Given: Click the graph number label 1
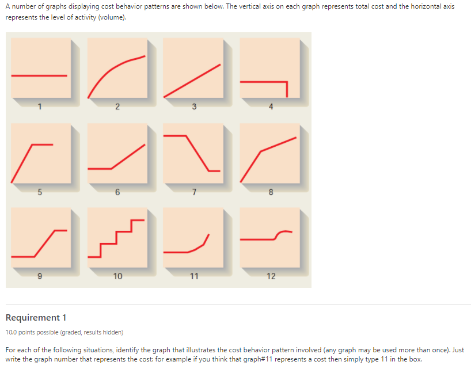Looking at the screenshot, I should [40, 106].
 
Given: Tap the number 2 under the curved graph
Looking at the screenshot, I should [117, 106].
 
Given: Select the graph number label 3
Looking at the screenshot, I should [194, 106].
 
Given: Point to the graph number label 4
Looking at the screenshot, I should [271, 106].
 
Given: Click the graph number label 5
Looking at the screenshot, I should [40, 192].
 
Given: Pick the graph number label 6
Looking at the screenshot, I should [117, 192].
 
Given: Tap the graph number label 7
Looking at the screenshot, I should [194, 192].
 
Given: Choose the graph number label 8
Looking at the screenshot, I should [271, 192].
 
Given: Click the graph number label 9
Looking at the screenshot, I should [40, 276].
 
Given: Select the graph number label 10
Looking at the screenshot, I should [117, 276].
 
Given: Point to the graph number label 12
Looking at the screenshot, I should [271, 276].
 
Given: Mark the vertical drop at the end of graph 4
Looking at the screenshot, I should [286, 89].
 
